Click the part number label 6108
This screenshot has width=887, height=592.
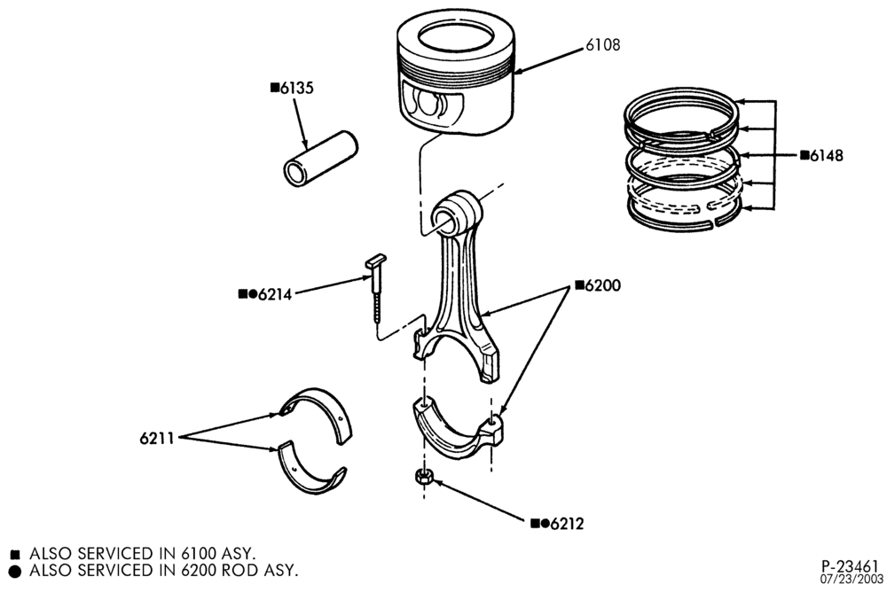[x=602, y=44]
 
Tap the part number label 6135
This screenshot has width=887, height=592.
[x=297, y=89]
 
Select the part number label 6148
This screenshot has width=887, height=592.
[x=826, y=155]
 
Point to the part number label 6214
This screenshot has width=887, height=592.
[x=274, y=294]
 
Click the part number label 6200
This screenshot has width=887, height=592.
[x=602, y=285]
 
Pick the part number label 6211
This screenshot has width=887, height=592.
[x=157, y=438]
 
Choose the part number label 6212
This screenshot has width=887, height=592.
[x=567, y=524]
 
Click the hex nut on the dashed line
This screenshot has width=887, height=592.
[x=423, y=477]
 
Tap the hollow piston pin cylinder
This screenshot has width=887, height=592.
[x=320, y=159]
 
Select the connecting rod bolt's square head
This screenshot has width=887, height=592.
[x=375, y=261]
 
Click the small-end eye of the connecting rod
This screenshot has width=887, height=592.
[x=457, y=214]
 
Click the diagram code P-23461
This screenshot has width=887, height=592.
[x=851, y=566]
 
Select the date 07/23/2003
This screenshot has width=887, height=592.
[x=852, y=579]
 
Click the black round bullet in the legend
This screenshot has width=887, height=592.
[x=15, y=572]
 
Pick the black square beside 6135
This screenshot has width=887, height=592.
[x=275, y=87]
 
